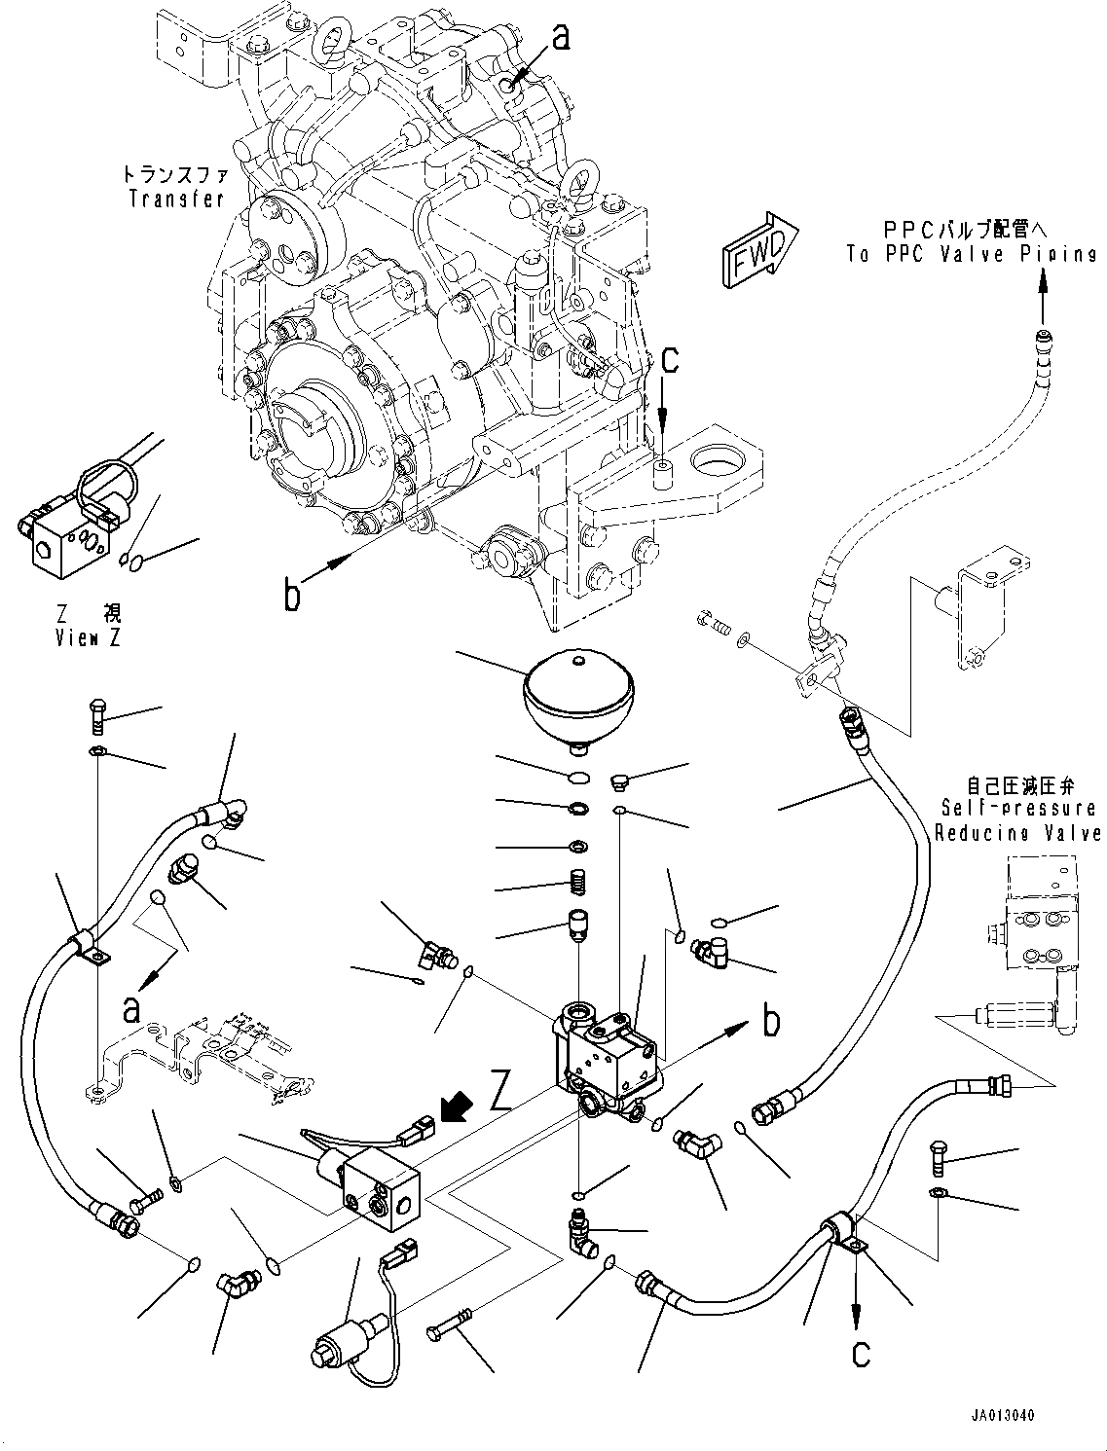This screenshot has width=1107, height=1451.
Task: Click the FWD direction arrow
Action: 759,250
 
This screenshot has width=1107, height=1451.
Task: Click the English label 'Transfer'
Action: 177,199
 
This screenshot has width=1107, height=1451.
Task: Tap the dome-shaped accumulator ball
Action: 572,693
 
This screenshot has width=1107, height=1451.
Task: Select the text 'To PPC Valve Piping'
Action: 971,254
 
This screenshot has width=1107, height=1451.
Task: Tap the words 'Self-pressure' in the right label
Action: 1018,809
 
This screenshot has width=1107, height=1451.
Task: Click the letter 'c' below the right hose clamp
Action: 861,1352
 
